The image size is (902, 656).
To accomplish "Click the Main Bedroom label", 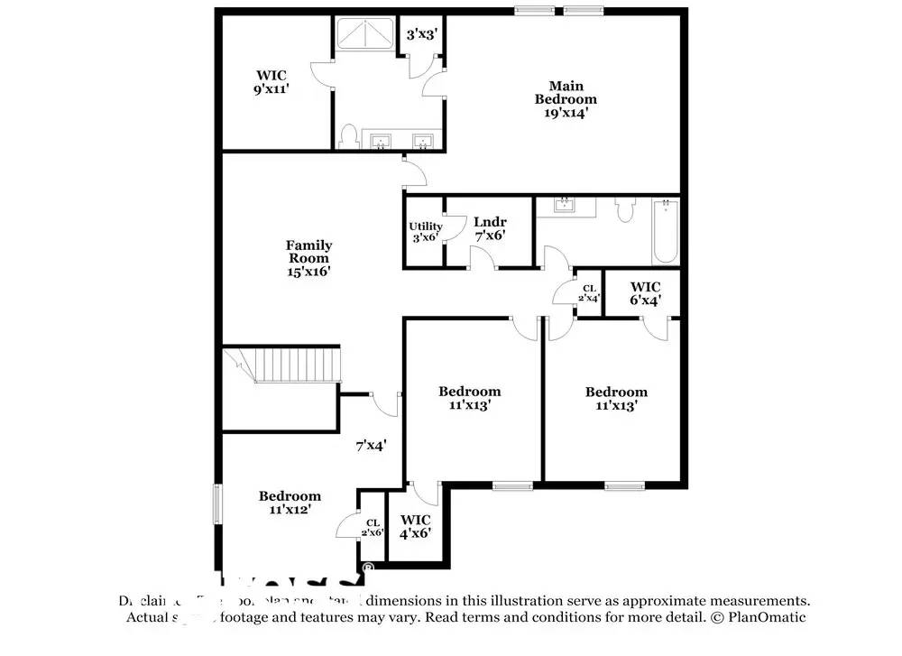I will [566, 98].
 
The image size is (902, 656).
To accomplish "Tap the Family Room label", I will [308, 257].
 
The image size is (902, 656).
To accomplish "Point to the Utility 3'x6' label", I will [425, 232].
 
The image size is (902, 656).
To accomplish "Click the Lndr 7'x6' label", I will [490, 228].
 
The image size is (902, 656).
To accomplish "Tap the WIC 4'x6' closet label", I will [415, 526].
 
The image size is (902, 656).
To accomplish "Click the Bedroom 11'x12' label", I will [290, 503].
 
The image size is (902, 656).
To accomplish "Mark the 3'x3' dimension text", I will [422, 34].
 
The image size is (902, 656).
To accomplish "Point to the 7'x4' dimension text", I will [371, 444].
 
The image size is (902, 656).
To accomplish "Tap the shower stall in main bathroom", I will [365, 34].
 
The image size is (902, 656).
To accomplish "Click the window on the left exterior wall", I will [216, 504].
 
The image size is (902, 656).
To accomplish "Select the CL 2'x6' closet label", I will [373, 528].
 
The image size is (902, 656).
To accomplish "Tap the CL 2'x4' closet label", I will [588, 293].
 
